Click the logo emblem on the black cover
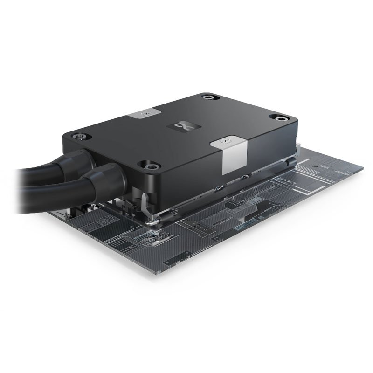186,126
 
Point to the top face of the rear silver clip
145,113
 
